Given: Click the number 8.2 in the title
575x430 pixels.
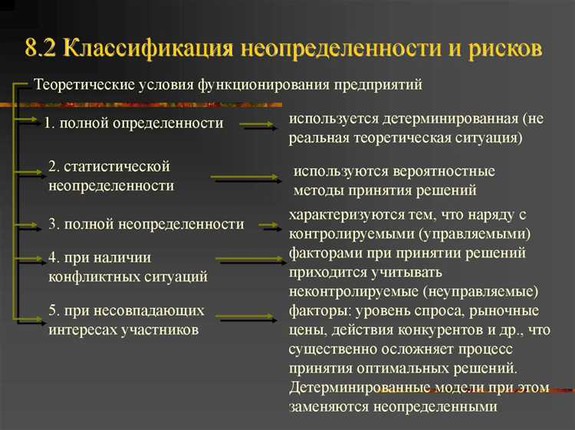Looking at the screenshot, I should [41, 49].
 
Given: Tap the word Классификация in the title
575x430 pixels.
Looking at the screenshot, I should [149, 49].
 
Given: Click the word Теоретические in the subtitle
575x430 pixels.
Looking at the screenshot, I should [80, 84].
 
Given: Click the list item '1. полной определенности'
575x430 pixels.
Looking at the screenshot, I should [133, 123].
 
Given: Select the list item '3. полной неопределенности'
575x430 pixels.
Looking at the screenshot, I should [146, 225].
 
